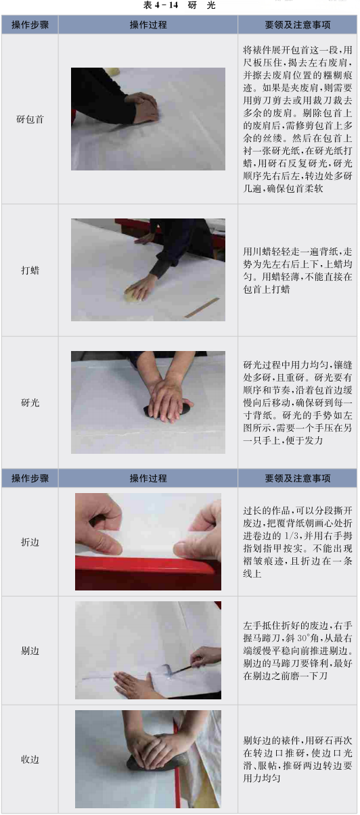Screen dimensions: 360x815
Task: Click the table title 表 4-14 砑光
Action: click(179, 5)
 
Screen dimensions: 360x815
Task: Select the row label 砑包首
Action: click(30, 119)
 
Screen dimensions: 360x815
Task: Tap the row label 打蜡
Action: click(30, 271)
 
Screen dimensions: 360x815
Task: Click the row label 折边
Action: click(30, 542)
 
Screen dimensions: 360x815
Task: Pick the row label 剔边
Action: click(30, 651)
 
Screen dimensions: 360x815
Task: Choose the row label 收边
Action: click(30, 760)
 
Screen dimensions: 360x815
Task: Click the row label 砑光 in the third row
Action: click(30, 402)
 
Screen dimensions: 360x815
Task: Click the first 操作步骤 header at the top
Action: click(30, 25)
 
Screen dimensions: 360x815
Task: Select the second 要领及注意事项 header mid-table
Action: click(297, 478)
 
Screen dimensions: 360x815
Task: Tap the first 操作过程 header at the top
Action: click(148, 25)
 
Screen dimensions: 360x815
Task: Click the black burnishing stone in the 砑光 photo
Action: click(168, 410)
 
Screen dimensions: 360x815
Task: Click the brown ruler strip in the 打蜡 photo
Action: click(202, 308)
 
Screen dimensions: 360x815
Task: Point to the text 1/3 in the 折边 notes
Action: click(292, 536)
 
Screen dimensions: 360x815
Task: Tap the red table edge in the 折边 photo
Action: click(148, 573)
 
